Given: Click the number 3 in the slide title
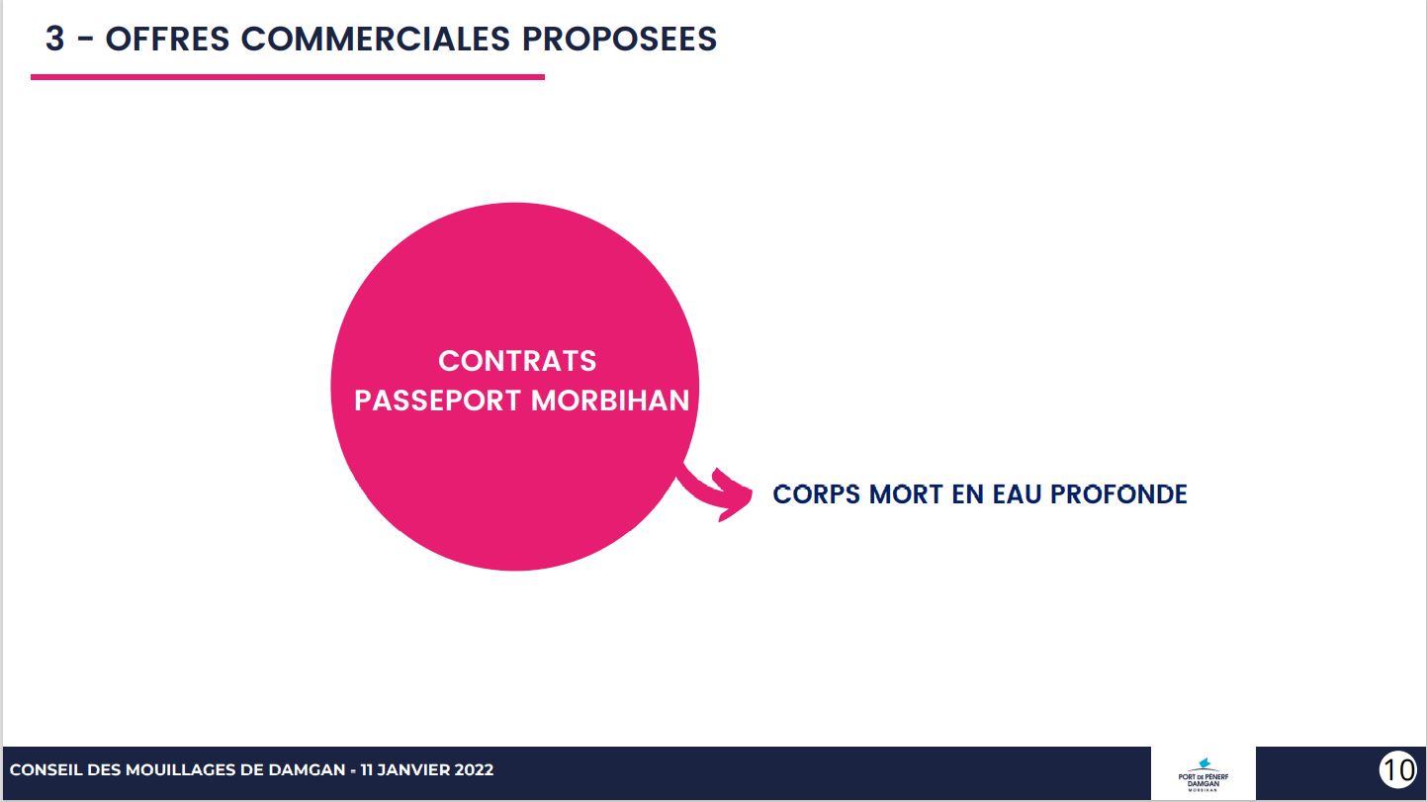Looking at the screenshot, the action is (x=54, y=39).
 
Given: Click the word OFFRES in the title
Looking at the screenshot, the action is (x=167, y=39).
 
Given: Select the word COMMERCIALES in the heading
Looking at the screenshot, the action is (x=375, y=39).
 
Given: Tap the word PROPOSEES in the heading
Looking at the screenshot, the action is (x=619, y=39).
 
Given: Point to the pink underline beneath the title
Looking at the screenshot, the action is (x=288, y=77).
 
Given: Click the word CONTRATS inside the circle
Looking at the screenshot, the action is (x=517, y=361).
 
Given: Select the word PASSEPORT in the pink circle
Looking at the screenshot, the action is (x=438, y=401).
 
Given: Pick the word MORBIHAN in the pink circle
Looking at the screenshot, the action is (x=610, y=401).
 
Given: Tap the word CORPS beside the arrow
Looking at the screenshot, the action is (x=816, y=494).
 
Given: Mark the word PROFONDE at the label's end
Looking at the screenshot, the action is (x=1118, y=494).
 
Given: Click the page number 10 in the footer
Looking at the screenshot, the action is (x=1397, y=769).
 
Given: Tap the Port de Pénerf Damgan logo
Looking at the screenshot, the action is (x=1203, y=774).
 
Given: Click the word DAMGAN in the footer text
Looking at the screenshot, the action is (x=307, y=769).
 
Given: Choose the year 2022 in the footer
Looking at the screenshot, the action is (x=474, y=769).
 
